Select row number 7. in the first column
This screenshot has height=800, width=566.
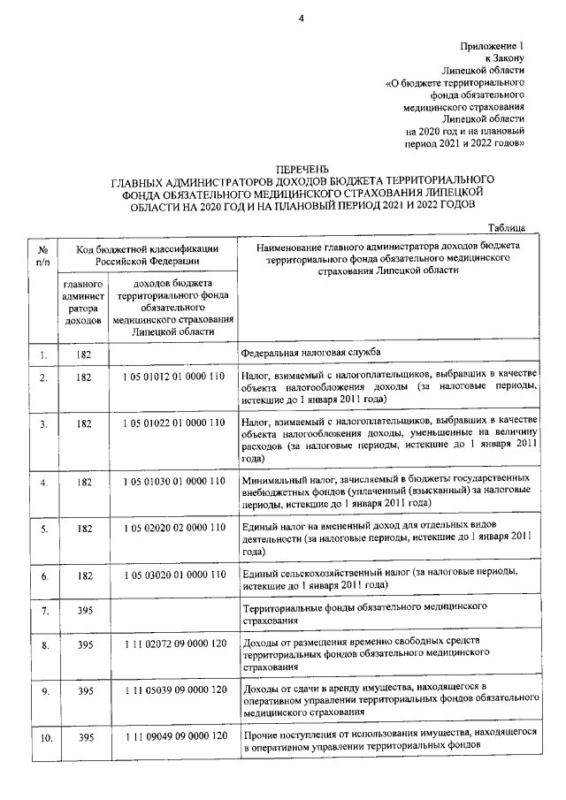42,611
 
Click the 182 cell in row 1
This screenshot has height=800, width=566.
84,354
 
